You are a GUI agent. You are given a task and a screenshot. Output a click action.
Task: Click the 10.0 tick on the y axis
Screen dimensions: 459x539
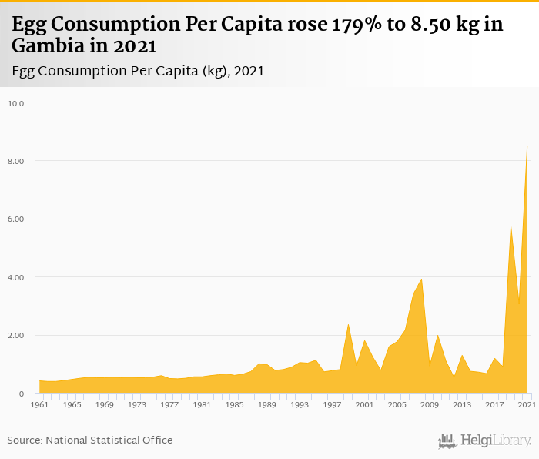tap(16, 103)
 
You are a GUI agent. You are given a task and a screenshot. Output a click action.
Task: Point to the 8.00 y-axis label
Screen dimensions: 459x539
tap(16, 161)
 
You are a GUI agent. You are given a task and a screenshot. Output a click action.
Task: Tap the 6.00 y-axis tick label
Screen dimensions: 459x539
tap(16, 219)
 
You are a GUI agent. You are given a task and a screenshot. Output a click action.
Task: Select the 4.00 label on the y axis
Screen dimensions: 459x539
tap(16, 277)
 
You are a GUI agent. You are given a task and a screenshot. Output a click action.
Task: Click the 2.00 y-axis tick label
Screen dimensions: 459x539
tap(16, 336)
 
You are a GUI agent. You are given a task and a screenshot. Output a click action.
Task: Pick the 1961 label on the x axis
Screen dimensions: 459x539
tap(40, 404)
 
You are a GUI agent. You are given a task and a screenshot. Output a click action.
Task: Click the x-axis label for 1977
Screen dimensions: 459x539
tap(169, 404)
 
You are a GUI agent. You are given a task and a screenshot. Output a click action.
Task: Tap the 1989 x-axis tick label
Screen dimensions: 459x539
tap(266, 404)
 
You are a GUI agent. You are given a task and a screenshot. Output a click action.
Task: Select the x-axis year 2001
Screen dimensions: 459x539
tap(364, 404)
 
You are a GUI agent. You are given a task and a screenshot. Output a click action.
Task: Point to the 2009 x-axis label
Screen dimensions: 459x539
tap(430, 404)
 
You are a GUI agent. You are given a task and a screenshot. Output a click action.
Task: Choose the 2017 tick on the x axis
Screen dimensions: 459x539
tap(494, 404)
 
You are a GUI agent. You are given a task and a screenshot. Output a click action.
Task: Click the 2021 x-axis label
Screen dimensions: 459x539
tap(527, 404)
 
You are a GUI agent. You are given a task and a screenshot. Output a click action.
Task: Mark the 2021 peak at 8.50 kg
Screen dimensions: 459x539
tap(527, 146)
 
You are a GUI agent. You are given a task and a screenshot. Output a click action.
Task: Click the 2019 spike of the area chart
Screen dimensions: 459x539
tap(511, 226)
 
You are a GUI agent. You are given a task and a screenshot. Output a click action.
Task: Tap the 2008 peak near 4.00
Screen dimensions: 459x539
tap(421, 279)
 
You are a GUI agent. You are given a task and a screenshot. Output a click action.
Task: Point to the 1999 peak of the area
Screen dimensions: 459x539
tap(348, 324)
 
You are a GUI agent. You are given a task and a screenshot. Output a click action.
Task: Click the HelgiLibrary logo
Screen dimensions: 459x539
tap(484, 441)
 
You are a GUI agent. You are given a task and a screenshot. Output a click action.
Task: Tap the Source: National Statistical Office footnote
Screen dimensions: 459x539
tap(90, 441)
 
